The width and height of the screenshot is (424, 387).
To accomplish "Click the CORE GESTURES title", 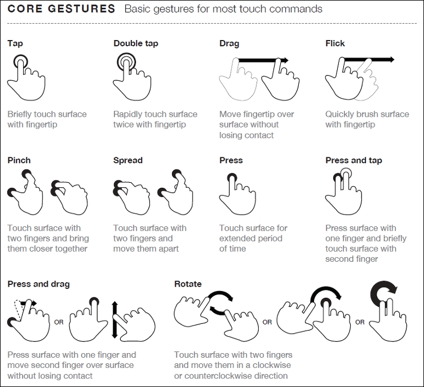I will (61, 10).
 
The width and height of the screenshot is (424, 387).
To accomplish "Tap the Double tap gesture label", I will (135, 43).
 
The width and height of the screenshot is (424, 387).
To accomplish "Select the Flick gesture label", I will (335, 43).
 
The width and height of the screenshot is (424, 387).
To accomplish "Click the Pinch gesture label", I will (19, 160).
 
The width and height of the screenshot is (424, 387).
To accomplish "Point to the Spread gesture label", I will (128, 160).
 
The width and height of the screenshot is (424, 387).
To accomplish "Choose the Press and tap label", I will (354, 160).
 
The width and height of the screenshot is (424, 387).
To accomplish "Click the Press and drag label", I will (38, 284).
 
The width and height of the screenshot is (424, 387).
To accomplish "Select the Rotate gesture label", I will (188, 284).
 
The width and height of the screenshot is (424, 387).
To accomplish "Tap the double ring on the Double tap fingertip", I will (126, 61).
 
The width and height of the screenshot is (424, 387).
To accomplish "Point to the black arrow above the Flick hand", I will (369, 59).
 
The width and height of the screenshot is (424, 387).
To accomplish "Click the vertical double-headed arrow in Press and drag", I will (114, 319).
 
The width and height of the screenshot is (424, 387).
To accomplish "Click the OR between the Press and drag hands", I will (58, 322).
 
